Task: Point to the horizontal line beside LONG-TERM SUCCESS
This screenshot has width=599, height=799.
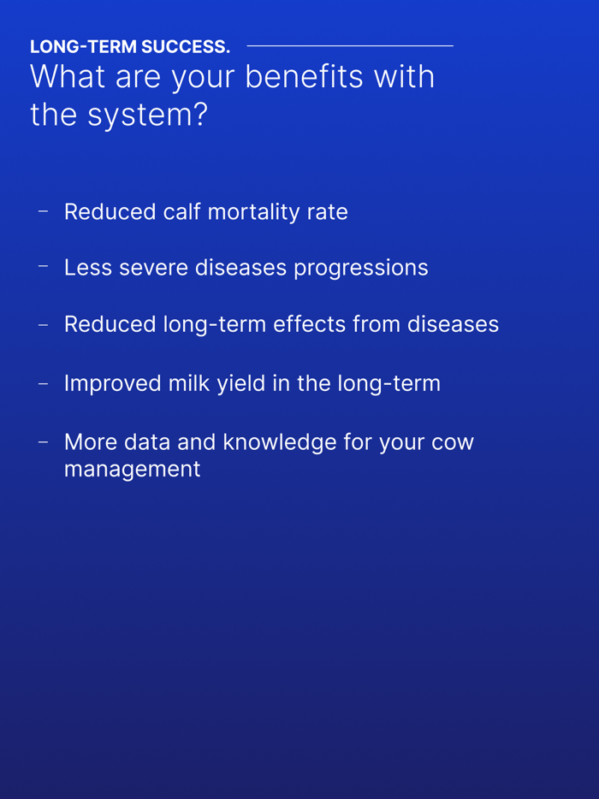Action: [x=349, y=45]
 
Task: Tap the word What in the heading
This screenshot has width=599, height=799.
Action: [x=68, y=77]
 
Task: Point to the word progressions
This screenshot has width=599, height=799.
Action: [x=360, y=269]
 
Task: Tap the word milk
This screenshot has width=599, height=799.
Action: [x=189, y=383]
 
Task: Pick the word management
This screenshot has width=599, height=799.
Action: [x=132, y=470]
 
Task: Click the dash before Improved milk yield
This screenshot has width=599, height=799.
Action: [x=43, y=383]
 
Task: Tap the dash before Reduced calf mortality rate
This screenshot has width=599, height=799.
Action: [x=43, y=210]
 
